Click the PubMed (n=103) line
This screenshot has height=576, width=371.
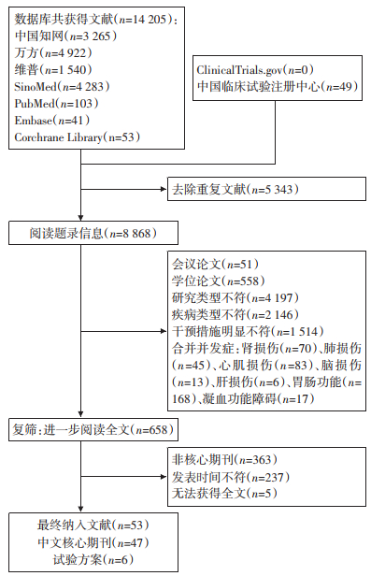56,104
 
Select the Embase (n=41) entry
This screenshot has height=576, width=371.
52,121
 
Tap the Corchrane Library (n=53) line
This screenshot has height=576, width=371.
78,137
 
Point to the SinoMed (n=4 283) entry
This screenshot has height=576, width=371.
62,87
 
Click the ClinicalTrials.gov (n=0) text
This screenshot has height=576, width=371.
255,70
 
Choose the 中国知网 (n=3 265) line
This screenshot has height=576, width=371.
66,36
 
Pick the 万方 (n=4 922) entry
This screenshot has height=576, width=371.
53,53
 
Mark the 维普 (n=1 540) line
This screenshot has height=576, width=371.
53,70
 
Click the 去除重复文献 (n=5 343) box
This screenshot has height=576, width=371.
266,189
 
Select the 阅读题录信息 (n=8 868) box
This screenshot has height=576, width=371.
93,233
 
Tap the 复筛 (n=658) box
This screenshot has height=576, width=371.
93,429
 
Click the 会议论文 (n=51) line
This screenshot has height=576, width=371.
216,265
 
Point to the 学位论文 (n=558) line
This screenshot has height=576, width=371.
219,281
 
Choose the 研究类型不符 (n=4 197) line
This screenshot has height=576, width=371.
235,298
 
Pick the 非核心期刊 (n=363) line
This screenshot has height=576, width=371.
224,459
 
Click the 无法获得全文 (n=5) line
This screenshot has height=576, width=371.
224,494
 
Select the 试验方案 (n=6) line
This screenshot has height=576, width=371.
93,560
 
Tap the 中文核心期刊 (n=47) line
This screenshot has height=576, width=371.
93,543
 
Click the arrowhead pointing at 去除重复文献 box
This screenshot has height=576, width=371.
164,189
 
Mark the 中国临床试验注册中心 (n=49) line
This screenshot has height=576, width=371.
278,87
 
